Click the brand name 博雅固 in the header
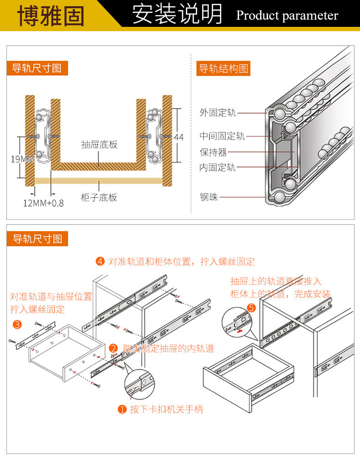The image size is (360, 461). coord(50,15)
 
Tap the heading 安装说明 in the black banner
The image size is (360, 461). coord(177,15)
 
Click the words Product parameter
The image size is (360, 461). coord(287,16)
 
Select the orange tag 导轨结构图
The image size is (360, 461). coord(224,69)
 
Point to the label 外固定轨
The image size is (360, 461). coord(217,113)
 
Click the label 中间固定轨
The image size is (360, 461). coord(222,136)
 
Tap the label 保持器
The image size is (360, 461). coord(213,153)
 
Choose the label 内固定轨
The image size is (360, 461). coord(217,167)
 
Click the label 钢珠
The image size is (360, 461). coord(209,197)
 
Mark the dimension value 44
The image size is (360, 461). coord(179,137)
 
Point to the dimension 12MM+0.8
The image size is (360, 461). coord(43,202)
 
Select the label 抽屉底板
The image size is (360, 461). coord(99,144)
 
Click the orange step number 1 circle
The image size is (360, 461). coord(122,409)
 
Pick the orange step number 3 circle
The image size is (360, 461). coord(17,325)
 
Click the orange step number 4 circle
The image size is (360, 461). coord(100,261)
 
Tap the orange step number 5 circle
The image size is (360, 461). coord(251,308)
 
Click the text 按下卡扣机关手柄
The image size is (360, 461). coord(166,409)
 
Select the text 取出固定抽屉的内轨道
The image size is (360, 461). coord(168,349)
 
